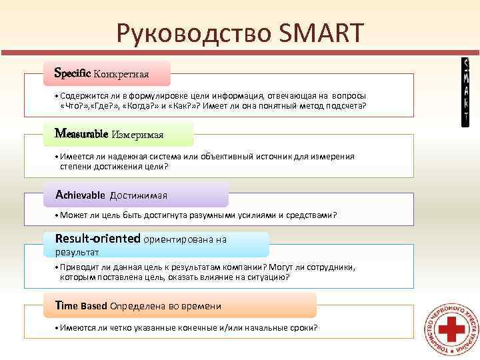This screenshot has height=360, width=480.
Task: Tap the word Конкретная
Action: [121, 73]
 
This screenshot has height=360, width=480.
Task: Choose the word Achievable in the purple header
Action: [81, 195]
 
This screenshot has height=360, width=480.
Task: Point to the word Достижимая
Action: [138, 195]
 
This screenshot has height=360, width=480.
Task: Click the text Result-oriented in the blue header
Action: [97, 238]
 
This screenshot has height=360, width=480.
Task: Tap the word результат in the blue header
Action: [77, 252]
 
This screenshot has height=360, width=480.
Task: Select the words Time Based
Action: [81, 305]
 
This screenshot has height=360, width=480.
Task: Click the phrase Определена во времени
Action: [165, 306]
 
